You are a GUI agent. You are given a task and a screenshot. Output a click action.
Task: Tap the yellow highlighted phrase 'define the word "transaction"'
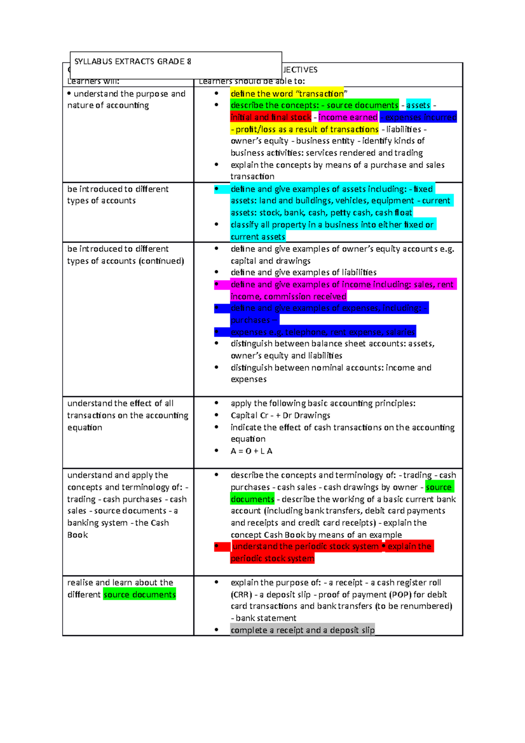point(287,94)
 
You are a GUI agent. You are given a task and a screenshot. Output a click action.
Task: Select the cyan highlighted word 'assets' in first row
point(418,105)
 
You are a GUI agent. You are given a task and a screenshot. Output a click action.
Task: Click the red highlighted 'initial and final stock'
point(271,117)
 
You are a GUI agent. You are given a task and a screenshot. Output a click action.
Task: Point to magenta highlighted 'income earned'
point(348,117)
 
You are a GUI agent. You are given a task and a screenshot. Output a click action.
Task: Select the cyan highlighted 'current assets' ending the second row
point(258,237)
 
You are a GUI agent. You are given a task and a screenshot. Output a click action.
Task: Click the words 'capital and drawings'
point(270,261)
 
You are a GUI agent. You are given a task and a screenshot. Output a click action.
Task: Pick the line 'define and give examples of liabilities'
point(303,273)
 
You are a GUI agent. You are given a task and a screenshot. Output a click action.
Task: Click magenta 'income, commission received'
point(288,297)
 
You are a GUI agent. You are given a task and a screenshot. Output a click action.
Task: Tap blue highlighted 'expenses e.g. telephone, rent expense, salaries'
point(322,332)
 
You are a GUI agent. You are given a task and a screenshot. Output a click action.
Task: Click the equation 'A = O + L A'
point(251,451)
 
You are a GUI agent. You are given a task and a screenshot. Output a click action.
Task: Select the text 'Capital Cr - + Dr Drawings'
point(280,416)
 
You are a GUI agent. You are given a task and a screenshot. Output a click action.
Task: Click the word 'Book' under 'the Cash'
point(77,535)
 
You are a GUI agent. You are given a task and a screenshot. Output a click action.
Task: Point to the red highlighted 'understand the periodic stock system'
point(305,547)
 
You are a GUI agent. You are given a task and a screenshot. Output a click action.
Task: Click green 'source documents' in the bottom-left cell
point(139,595)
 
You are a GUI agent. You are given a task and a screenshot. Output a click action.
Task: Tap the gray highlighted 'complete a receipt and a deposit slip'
point(302,630)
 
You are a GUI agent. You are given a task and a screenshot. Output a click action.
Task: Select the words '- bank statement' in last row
point(264,618)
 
